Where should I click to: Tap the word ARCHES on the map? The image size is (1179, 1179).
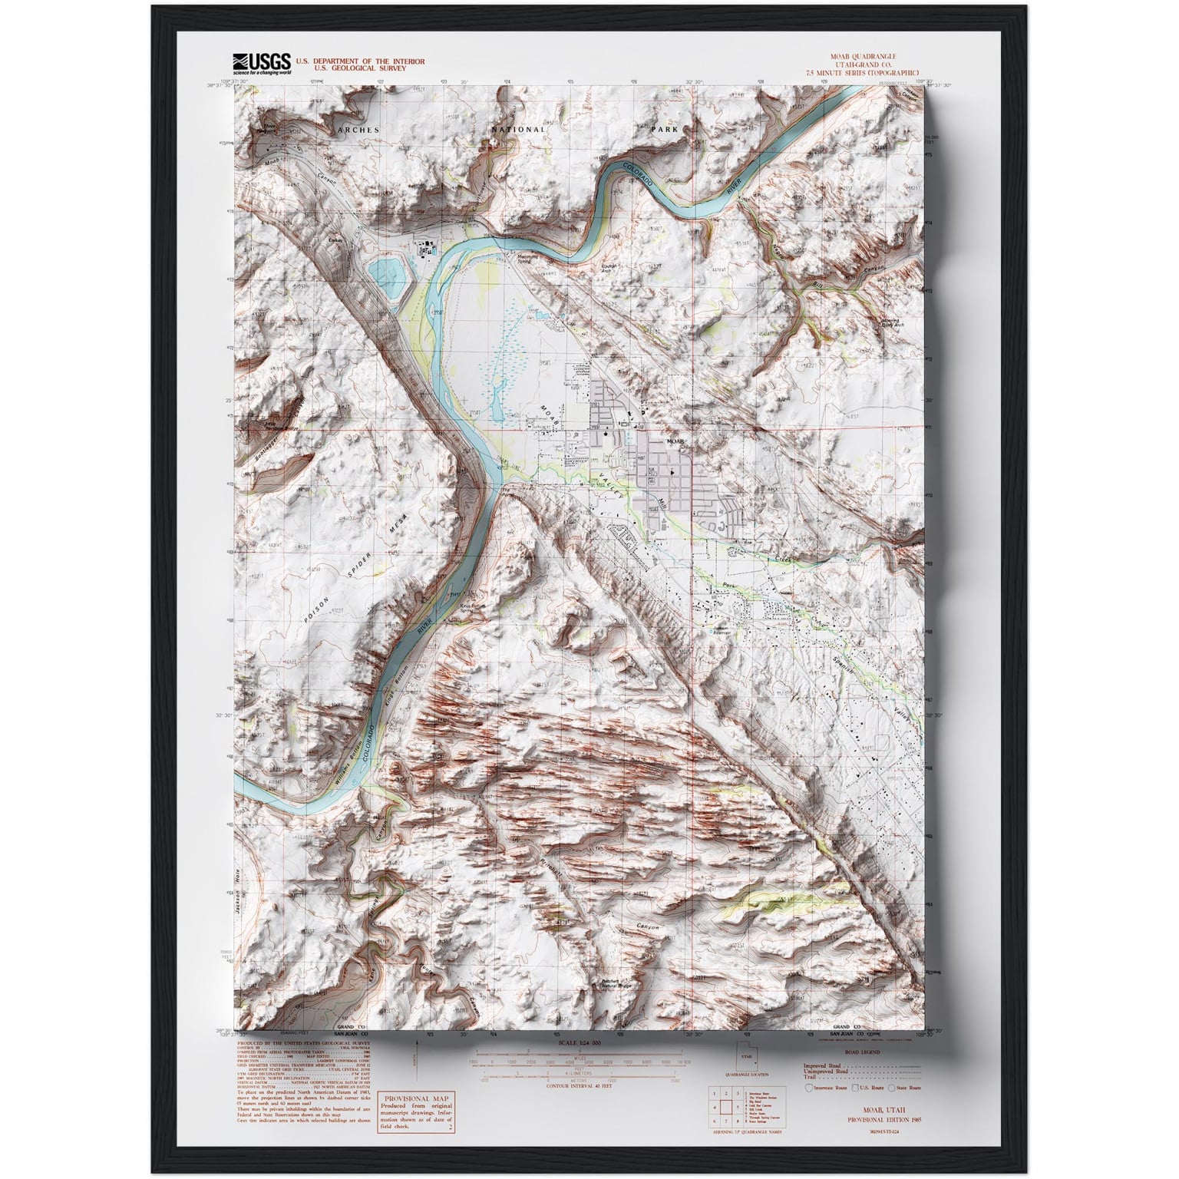[358, 130]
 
